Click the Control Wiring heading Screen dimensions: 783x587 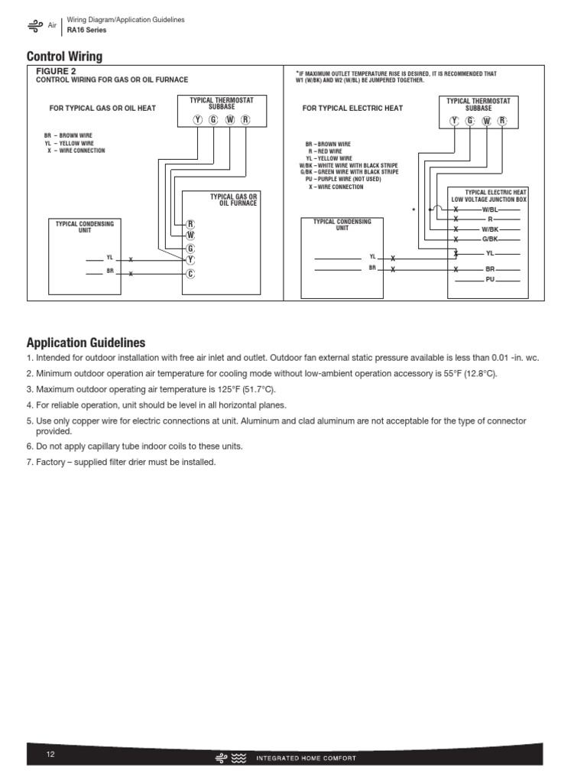[64, 57]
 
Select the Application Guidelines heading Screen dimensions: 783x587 [86, 343]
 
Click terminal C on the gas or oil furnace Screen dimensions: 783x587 [190, 274]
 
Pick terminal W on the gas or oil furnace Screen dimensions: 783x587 [190, 236]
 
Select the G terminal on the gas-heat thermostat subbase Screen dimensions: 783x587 [213, 120]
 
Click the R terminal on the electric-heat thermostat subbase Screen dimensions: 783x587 [502, 120]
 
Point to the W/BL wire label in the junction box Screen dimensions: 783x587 [490, 209]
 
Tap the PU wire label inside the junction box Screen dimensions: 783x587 [490, 280]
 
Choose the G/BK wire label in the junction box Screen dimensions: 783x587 [490, 239]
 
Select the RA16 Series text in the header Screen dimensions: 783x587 [86, 30]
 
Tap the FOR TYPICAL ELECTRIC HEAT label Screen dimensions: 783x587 [352, 109]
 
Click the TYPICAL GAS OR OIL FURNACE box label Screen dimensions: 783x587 [234, 200]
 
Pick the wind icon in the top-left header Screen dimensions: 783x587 [35, 25]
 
